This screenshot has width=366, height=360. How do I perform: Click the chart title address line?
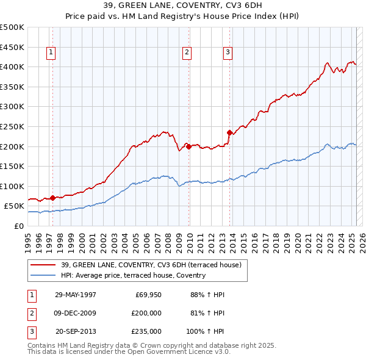[x=182, y=6]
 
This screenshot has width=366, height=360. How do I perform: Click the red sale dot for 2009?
[x=189, y=146]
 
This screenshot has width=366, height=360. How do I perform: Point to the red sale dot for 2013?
[x=230, y=132]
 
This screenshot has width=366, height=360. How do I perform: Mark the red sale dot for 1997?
[x=52, y=198]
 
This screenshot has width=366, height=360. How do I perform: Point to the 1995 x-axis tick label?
[x=28, y=240]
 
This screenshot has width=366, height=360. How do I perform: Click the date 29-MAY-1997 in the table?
[x=76, y=295]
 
